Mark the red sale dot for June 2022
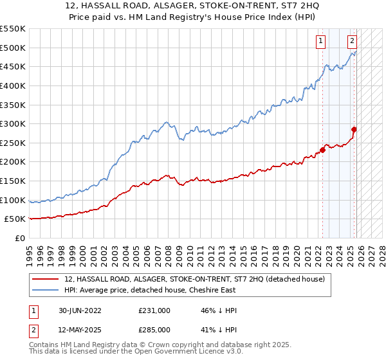pos(323,150)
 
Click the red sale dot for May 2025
pos(354,129)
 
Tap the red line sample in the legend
pos(46,279)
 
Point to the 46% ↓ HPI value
pos(219,310)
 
